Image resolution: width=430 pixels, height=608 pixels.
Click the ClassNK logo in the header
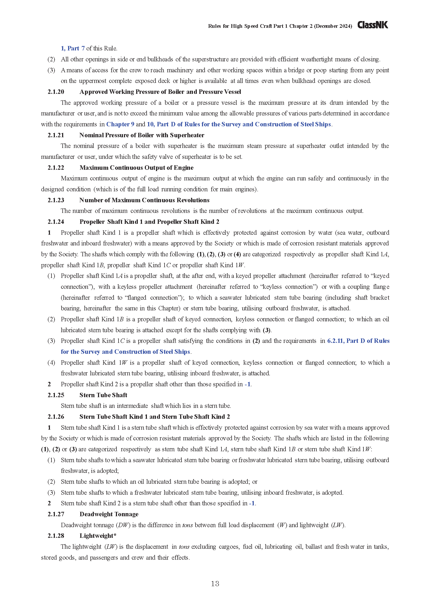373,25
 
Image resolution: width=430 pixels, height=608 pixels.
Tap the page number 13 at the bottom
215,584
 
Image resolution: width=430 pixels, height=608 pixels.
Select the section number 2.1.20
56,92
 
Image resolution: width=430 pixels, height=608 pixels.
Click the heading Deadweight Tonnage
109,514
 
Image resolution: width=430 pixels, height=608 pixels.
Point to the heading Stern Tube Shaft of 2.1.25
103,395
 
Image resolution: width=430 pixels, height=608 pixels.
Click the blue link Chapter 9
120,124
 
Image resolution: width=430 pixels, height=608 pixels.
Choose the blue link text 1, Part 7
73,48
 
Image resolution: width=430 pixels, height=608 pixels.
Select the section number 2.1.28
56,536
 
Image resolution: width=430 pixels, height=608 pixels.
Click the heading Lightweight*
98,536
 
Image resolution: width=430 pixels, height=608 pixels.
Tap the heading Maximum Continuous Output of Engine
136,168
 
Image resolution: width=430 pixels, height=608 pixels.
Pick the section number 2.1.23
56,200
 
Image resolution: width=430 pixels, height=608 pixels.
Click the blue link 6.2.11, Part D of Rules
358,341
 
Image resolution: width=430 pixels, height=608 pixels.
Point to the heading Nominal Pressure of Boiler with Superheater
142,135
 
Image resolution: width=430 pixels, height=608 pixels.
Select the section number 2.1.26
56,416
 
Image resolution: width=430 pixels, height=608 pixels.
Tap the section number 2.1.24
56,222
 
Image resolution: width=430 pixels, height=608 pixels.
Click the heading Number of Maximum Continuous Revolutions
144,200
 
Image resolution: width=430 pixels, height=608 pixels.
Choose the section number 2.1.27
56,514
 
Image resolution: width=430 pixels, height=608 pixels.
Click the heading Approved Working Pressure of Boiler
160,92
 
